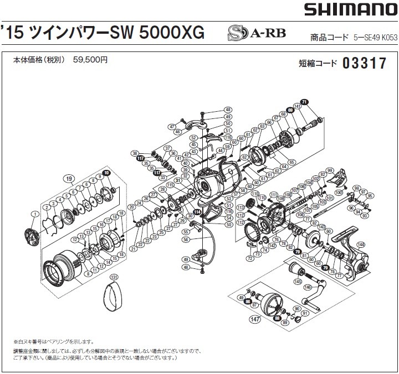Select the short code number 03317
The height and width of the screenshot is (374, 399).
coord(364,64)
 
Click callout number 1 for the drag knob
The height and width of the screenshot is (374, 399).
coord(34,214)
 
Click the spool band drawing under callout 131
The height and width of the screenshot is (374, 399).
coord(114,299)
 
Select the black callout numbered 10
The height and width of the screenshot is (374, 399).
coord(106,173)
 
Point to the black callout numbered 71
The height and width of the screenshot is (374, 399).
coord(319,101)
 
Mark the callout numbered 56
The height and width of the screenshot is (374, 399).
coord(185,240)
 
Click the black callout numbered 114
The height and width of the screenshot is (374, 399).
coord(197,210)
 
